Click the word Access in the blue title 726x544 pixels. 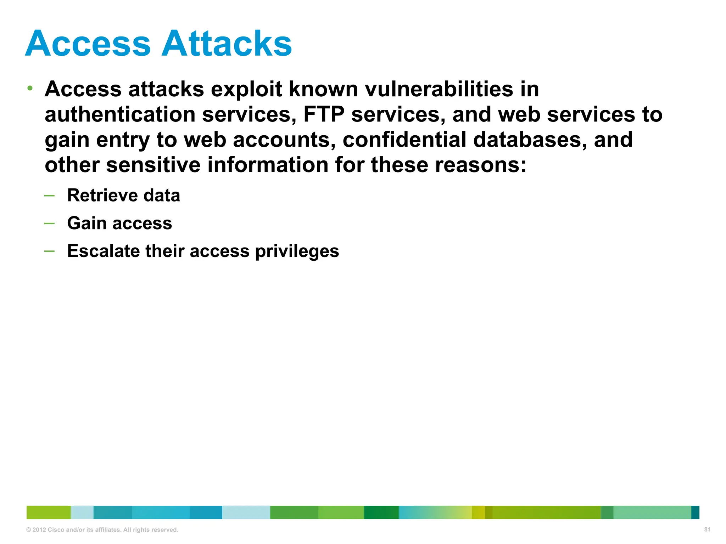[88, 44]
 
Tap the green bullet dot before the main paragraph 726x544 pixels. [30, 88]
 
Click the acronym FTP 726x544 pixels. [324, 114]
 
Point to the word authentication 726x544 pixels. [120, 114]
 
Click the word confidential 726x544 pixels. [404, 140]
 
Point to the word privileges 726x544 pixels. [297, 252]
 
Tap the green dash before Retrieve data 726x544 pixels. [49, 195]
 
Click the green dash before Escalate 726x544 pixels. [49, 251]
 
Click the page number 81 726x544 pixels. [707, 529]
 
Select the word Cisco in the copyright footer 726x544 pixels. [56, 530]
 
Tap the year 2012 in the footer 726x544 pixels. [39, 530]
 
